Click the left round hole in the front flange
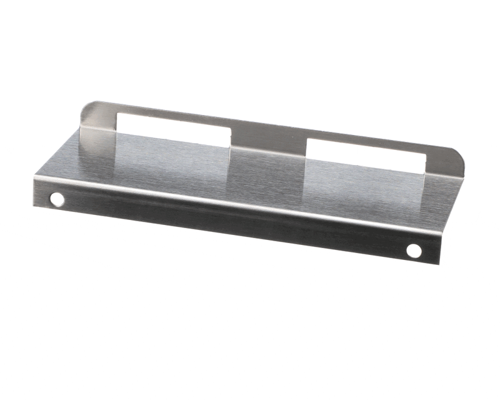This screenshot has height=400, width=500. pos(57,199)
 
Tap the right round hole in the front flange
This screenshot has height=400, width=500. pos(414,251)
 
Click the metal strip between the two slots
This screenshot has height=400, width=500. pos(269,141)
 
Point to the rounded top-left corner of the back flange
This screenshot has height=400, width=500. pos(88,107)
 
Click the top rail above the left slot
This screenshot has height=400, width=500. pos(169,114)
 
